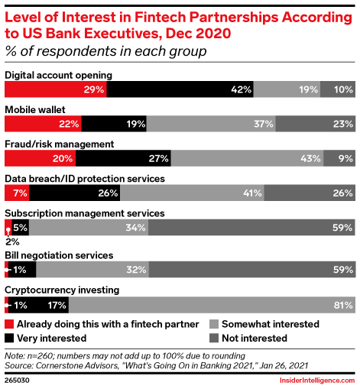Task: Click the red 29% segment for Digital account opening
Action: [x=56, y=89]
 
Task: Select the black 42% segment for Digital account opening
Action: [x=180, y=89]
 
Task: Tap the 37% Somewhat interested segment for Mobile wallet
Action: [x=211, y=124]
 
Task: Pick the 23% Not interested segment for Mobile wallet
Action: [x=314, y=124]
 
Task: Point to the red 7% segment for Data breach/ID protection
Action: [x=17, y=193]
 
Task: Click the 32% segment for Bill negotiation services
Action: [x=92, y=269]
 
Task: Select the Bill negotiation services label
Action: [x=59, y=254]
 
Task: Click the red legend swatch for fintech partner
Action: [x=9, y=324]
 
